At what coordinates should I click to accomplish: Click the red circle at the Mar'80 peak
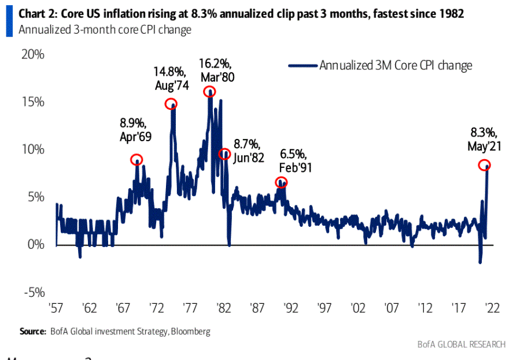209,91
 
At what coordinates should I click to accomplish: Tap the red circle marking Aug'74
171,104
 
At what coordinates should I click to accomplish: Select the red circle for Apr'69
136,159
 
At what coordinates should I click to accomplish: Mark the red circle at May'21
484,165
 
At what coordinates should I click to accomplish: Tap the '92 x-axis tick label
291,307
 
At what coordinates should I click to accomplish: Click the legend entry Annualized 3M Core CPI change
396,65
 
